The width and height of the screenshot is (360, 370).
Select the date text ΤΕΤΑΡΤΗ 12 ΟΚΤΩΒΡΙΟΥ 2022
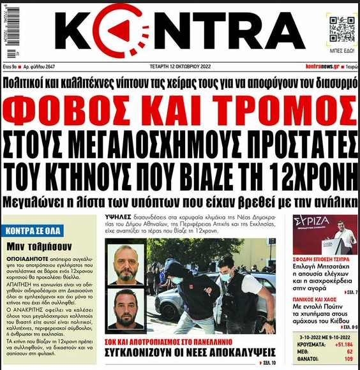coord(178,66)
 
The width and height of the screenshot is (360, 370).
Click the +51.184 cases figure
coord(340,343)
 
